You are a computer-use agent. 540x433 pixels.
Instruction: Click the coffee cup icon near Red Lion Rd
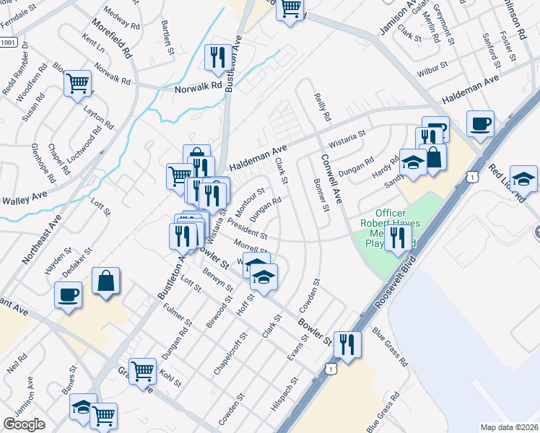point(480,124)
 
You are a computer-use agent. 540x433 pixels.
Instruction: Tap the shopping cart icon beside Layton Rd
point(77,83)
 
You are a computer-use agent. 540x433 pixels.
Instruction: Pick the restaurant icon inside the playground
point(397,237)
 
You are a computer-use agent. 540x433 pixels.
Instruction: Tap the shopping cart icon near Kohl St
point(142,371)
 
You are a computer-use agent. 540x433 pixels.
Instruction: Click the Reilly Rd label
point(322,105)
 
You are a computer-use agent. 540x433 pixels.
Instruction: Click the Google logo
point(24,424)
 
